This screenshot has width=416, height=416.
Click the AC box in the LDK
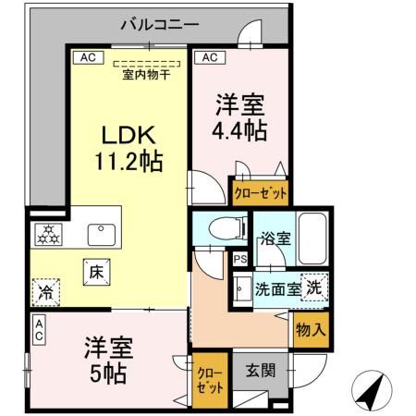click(x=87, y=57)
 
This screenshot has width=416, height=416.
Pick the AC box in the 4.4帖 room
click(x=210, y=57)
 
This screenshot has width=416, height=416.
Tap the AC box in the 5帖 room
click(x=39, y=329)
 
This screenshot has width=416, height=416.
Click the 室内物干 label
click(x=147, y=75)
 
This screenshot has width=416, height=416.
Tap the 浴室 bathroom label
click(x=275, y=239)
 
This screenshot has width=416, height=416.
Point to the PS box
click(x=239, y=260)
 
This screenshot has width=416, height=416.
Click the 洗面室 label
click(x=278, y=288)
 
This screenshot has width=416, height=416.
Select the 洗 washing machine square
click(x=314, y=288)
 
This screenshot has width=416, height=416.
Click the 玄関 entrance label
click(x=260, y=373)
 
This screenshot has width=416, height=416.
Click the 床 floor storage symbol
click(x=95, y=272)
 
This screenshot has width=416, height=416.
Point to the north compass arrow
click(x=371, y=393)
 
